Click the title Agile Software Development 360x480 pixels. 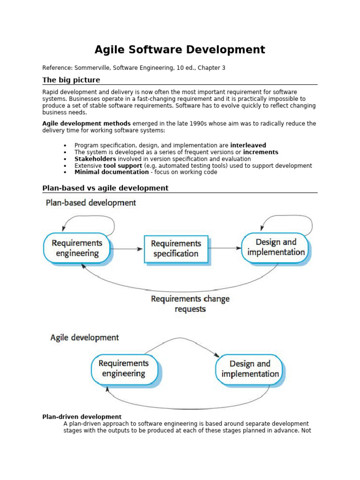pyautogui.click(x=180, y=50)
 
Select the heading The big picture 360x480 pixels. pyautogui.click(x=71, y=80)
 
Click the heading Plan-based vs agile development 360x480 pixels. pyautogui.click(x=105, y=188)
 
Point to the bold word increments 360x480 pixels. pyautogui.click(x=261, y=152)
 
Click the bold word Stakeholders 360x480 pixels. pyautogui.click(x=95, y=159)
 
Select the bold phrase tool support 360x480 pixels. pyautogui.click(x=123, y=165)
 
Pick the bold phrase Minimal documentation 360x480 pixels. pyautogui.click(x=112, y=172)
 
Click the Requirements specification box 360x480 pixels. pyautogui.click(x=176, y=248)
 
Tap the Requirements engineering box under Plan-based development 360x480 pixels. pyautogui.click(x=77, y=248)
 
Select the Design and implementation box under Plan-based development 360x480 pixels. pyautogui.click(x=276, y=247)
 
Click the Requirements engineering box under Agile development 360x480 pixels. pyautogui.click(x=124, y=368)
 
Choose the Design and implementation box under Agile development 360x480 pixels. pyautogui.click(x=250, y=369)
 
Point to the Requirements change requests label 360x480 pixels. pyautogui.click(x=190, y=304)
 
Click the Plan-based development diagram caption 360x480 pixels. pyautogui.click(x=91, y=203)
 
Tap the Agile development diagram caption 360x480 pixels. pyautogui.click(x=84, y=337)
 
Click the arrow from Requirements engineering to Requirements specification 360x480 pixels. pyautogui.click(x=127, y=249)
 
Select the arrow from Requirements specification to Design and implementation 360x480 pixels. pyautogui.click(x=225, y=248)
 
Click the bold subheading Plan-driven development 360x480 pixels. pyautogui.click(x=82, y=417)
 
